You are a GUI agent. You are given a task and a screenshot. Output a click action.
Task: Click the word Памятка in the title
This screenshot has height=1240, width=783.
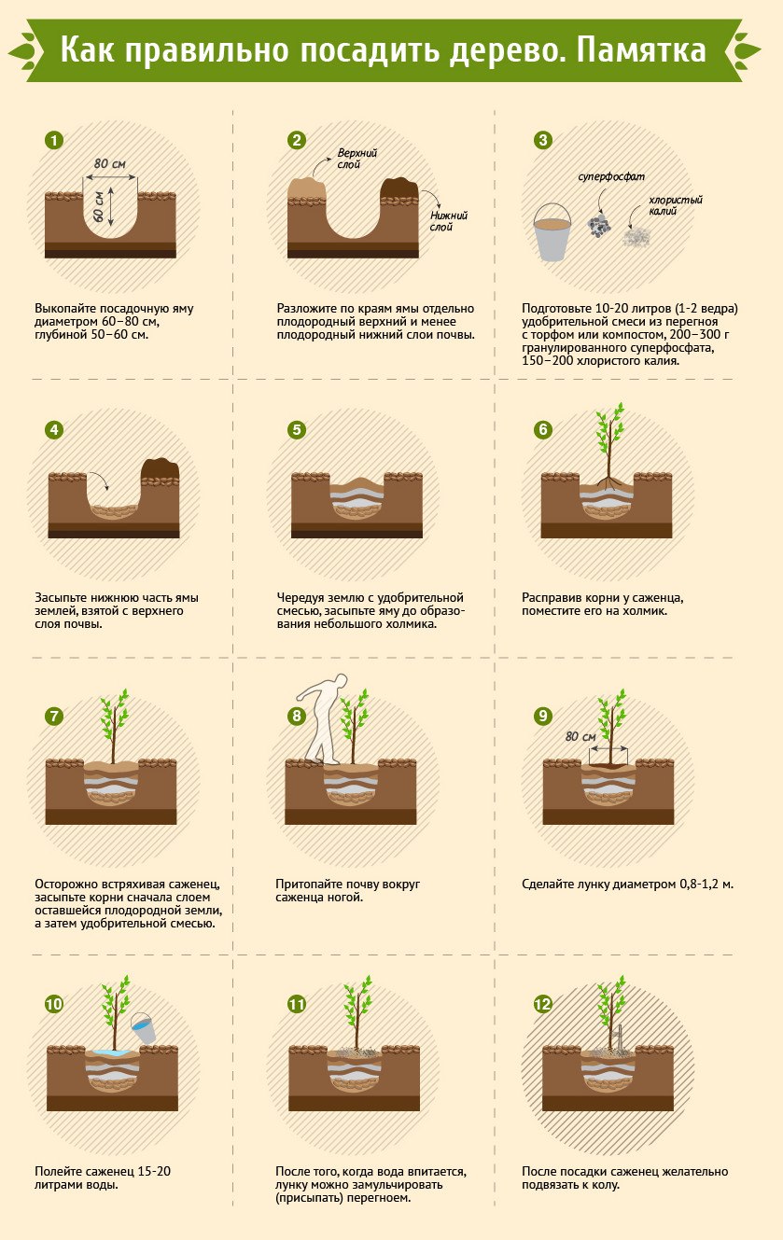tap(641, 50)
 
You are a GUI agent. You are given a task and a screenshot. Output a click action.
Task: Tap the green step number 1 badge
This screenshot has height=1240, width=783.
tap(54, 141)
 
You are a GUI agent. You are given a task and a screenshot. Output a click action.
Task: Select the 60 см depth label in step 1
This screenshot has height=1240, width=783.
tap(99, 206)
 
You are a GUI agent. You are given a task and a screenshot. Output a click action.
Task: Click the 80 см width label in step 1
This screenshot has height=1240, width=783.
tap(109, 164)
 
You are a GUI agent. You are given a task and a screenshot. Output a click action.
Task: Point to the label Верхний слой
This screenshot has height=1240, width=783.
tap(357, 159)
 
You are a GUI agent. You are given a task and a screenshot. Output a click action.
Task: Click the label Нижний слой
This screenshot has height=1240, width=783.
tap(449, 221)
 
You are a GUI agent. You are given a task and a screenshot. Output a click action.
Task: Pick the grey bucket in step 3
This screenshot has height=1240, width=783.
tap(552, 232)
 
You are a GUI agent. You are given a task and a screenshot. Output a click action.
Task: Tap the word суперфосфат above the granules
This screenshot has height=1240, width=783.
tap(611, 177)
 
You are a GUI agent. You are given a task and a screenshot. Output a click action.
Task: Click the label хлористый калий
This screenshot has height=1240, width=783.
tap(675, 205)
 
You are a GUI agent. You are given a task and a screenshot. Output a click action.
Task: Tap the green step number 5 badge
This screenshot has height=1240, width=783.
tap(297, 430)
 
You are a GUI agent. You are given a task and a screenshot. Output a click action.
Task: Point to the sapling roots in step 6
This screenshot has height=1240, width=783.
tap(609, 483)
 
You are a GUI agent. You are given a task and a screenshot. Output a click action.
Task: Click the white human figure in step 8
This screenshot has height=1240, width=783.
tap(324, 718)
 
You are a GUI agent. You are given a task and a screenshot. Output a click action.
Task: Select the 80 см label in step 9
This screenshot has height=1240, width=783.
tap(580, 736)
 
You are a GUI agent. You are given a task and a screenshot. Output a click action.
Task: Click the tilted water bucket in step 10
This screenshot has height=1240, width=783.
tap(144, 1027)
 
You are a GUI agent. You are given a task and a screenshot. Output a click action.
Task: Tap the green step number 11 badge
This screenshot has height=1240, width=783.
tap(297, 1004)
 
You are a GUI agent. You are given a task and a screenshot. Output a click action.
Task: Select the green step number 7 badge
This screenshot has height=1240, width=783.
tap(54, 717)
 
